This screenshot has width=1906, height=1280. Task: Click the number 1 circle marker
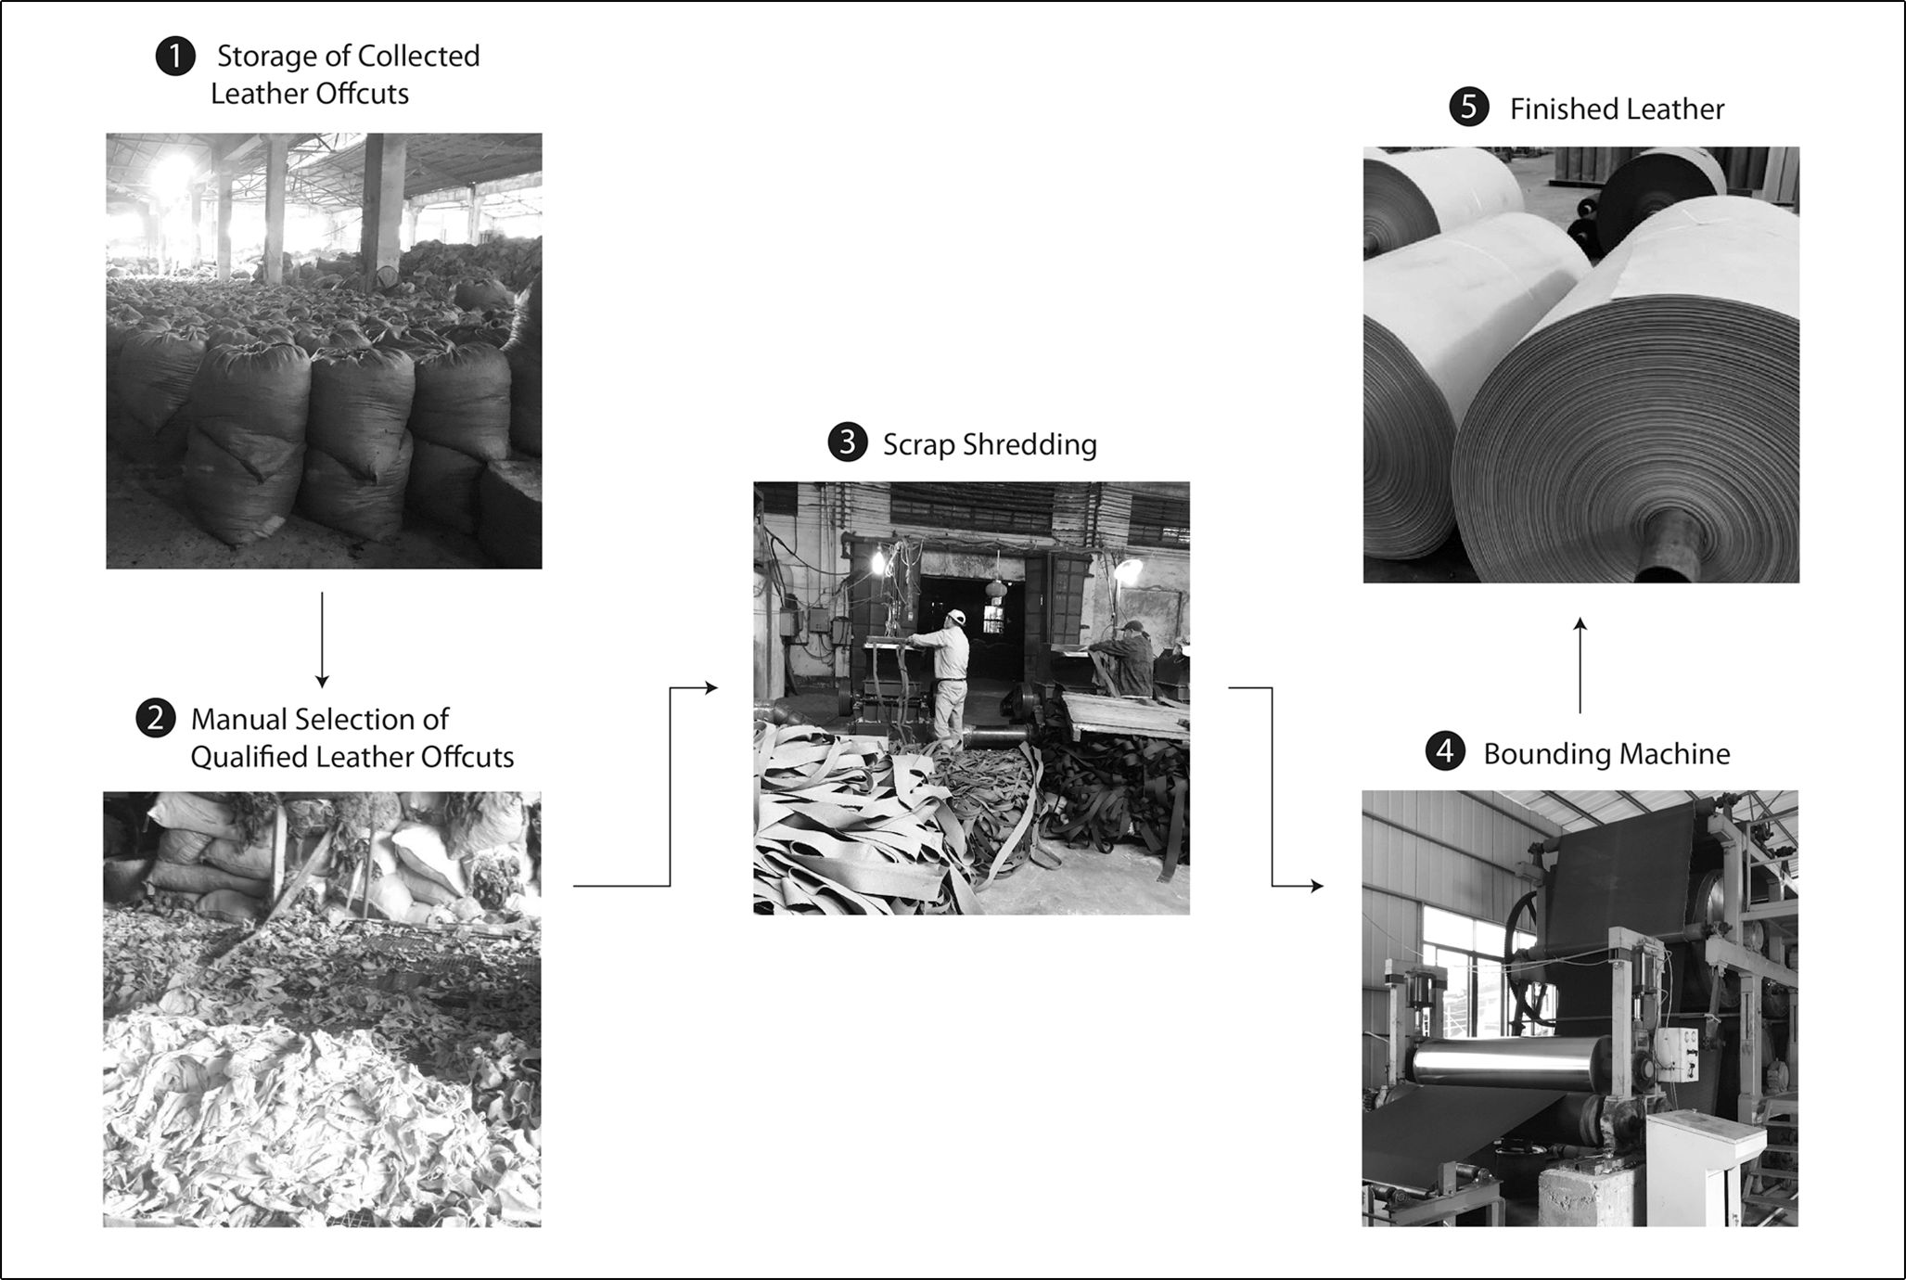(174, 57)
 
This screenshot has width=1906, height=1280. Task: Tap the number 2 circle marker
(156, 719)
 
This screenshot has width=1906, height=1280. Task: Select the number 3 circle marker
(847, 443)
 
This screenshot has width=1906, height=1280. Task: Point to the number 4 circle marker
(1445, 752)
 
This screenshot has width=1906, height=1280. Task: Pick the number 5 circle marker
(1468, 108)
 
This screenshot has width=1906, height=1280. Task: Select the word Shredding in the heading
(1030, 444)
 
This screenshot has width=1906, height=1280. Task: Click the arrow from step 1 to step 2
(322, 639)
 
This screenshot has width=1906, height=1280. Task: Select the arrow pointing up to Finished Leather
(1580, 664)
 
